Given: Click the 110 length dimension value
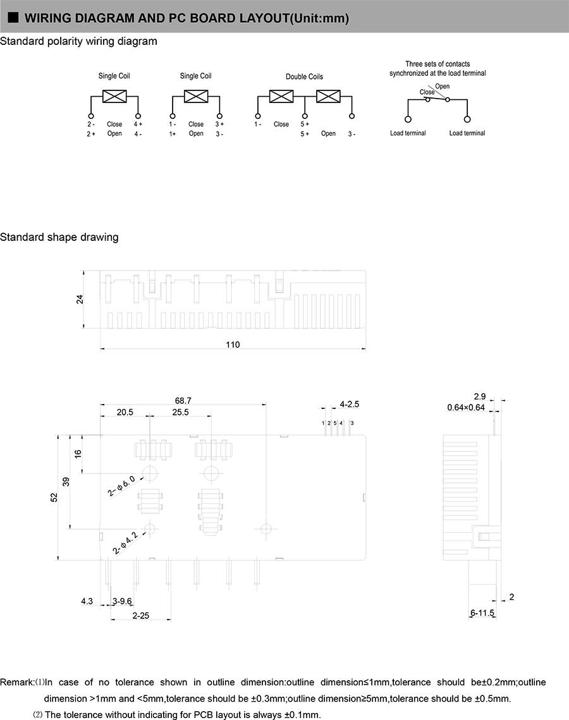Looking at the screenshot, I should pyautogui.click(x=233, y=345).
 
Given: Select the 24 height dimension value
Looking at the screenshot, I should pyautogui.click(x=80, y=299).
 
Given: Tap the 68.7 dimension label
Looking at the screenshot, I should pyautogui.click(x=183, y=400).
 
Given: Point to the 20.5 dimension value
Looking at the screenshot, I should pyautogui.click(x=125, y=412).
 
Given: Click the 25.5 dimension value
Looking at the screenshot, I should pyautogui.click(x=180, y=412).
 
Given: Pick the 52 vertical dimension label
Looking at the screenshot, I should pyautogui.click(x=54, y=497).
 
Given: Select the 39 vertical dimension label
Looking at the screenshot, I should pyautogui.click(x=66, y=482).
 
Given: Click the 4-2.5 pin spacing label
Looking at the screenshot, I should pyautogui.click(x=349, y=404).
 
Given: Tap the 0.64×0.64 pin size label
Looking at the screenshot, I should pyautogui.click(x=466, y=407).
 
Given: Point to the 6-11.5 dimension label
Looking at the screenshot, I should pyautogui.click(x=482, y=613).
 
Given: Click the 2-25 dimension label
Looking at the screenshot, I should pyautogui.click(x=140, y=615).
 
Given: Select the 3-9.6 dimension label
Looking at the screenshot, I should pyautogui.click(x=122, y=601).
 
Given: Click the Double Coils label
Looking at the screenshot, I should pyautogui.click(x=304, y=76).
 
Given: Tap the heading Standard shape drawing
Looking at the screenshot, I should pyautogui.click(x=59, y=237).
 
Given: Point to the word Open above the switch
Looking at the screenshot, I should pyautogui.click(x=443, y=86).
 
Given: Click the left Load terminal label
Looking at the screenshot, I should pyautogui.click(x=408, y=133).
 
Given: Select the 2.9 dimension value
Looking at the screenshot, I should pyautogui.click(x=479, y=396).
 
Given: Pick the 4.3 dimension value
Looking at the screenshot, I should pyautogui.click(x=87, y=601).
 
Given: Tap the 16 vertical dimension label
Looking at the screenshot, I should pyautogui.click(x=78, y=453).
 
